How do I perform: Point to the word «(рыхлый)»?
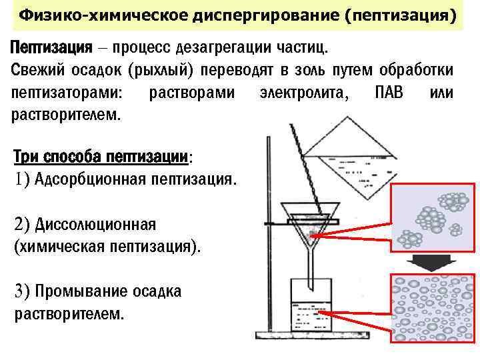pos(160,70)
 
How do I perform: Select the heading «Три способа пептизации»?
pos(101,157)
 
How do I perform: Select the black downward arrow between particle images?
pos(431,263)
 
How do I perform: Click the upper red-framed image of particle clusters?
pos(431,216)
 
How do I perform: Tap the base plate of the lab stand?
pos(313,335)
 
